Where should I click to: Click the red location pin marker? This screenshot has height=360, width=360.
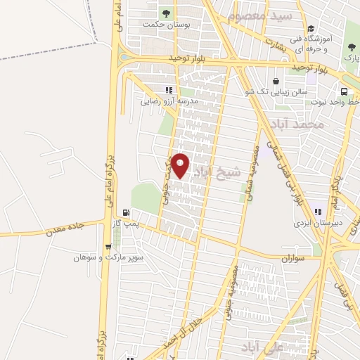(x=181, y=165)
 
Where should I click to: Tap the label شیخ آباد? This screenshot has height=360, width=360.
(x=221, y=173)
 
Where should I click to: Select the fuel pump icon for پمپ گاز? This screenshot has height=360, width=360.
(x=126, y=212)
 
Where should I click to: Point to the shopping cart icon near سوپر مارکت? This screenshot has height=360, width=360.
(x=107, y=247)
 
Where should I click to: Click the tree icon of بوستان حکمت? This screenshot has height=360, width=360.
(x=166, y=13)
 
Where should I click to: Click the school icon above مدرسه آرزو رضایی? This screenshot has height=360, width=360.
(x=168, y=90)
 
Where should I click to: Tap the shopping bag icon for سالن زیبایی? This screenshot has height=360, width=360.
(x=275, y=81)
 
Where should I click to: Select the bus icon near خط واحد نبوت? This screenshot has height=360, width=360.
(x=344, y=91)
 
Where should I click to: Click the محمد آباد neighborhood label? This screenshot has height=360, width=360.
(x=300, y=124)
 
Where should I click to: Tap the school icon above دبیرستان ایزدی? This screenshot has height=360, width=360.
(x=319, y=212)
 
